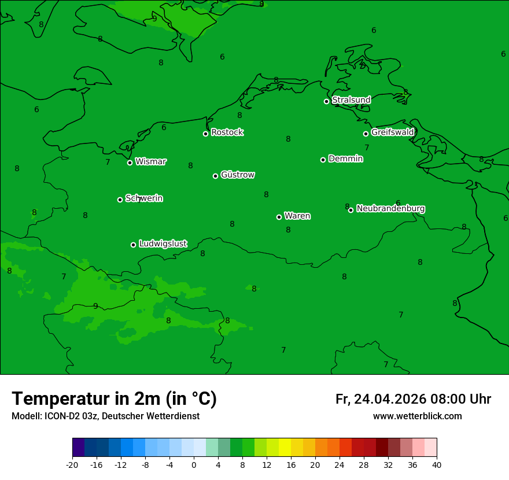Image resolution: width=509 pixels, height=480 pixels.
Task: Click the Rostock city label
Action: pos(227,132)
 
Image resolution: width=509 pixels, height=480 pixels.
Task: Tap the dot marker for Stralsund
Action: pos(326,101)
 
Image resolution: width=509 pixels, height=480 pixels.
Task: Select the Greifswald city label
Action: pos(392,132)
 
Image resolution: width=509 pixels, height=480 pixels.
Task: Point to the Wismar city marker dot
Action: pos(130,163)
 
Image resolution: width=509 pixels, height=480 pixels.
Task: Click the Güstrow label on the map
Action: pos(237,175)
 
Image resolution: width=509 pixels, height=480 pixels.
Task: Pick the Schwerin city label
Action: pos(144,198)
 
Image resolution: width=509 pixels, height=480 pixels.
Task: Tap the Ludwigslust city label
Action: pos(163,243)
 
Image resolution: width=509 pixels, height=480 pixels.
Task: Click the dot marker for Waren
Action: pos(279,217)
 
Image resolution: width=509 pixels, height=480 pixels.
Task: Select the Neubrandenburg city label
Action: pos(390,208)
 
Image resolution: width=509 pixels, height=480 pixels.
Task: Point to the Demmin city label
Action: pos(345,158)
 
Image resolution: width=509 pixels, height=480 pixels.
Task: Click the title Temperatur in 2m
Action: pos(114,398)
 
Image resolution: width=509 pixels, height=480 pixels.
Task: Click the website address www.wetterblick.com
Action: pos(417,416)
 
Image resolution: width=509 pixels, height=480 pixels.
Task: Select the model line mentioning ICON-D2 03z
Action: pos(105,416)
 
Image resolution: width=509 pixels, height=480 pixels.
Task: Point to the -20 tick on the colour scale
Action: pos(72,464)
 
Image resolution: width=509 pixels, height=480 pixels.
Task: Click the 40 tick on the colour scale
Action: pos(437,464)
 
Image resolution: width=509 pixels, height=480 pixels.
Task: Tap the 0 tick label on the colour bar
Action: pos(194,464)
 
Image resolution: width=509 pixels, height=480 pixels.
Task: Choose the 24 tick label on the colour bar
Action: pos(340,464)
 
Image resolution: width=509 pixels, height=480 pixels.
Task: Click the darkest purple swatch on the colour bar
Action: pos(78,448)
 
